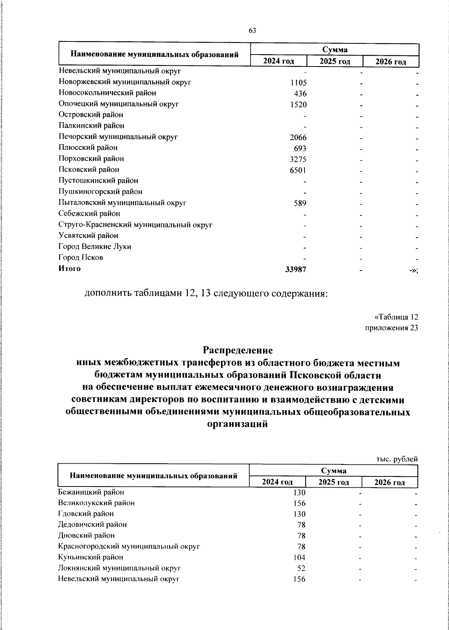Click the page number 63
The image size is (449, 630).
(x=252, y=31)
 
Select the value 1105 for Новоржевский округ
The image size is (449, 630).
(x=298, y=83)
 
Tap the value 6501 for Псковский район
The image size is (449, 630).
(x=298, y=171)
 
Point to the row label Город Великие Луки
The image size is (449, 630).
(x=95, y=247)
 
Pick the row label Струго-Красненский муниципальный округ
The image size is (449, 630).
(x=135, y=225)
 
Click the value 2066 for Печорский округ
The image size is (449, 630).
(x=298, y=138)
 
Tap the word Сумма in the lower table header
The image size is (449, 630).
(x=333, y=470)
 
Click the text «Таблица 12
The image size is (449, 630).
(x=396, y=317)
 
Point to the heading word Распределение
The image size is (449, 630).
(x=238, y=350)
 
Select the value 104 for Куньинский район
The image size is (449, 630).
(x=299, y=558)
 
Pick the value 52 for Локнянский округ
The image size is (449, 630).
(x=301, y=568)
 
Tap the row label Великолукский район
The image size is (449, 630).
(x=97, y=503)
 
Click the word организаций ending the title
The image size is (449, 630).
(x=238, y=424)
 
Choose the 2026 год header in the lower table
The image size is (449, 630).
(x=390, y=482)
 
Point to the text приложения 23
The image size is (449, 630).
(x=391, y=328)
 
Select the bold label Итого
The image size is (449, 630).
(x=69, y=268)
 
